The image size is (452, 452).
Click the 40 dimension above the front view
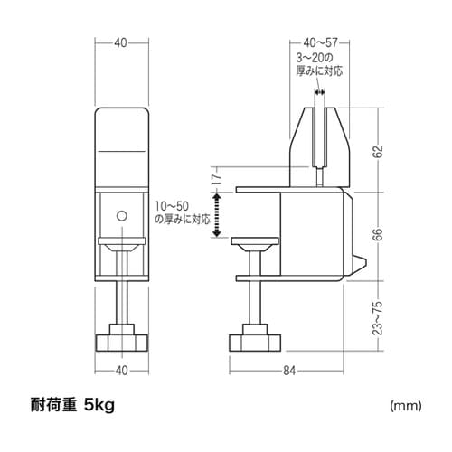121,42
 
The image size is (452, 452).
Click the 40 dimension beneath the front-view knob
121,369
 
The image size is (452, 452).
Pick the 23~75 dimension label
377,317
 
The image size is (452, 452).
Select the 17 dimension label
216,178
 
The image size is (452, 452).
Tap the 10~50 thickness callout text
182,212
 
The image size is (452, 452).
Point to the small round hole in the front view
121,215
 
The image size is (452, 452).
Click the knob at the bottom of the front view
121,342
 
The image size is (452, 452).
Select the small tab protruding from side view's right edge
359,265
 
